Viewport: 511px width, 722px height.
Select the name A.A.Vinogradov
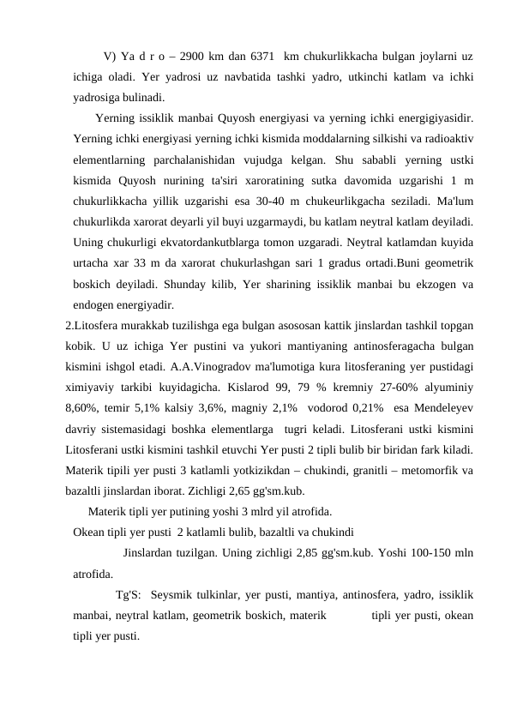point(224,364)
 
